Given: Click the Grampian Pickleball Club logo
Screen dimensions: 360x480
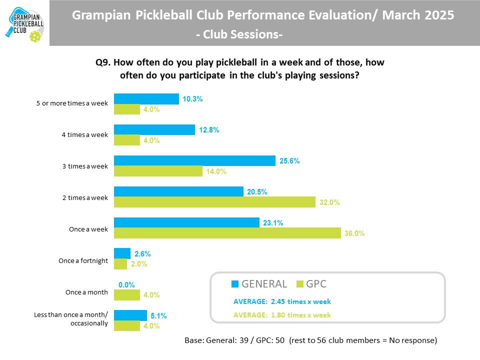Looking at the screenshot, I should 24,22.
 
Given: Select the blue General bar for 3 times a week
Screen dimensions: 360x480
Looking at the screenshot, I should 194,160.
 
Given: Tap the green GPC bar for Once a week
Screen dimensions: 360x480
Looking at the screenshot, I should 227,233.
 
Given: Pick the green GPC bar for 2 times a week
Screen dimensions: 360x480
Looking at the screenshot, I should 215,202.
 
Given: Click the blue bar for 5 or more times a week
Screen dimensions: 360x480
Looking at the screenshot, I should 146,99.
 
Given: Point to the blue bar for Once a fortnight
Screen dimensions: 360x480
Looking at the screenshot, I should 122,253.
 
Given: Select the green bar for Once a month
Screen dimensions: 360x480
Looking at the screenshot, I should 127,295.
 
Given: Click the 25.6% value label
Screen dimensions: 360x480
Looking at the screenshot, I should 290,161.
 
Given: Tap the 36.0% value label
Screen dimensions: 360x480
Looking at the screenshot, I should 355,233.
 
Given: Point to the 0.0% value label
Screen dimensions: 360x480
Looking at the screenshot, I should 126,284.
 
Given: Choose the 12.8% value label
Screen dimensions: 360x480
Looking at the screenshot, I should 209,130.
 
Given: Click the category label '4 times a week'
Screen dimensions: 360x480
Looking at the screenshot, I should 87,135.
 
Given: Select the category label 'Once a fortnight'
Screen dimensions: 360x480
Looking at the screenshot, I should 83,260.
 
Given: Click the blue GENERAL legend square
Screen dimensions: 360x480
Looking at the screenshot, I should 235,284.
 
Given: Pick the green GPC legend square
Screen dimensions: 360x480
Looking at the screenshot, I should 299,284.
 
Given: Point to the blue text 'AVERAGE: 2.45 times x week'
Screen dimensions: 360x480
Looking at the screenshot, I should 282,302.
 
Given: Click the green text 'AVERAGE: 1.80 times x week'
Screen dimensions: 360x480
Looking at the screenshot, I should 282,315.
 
